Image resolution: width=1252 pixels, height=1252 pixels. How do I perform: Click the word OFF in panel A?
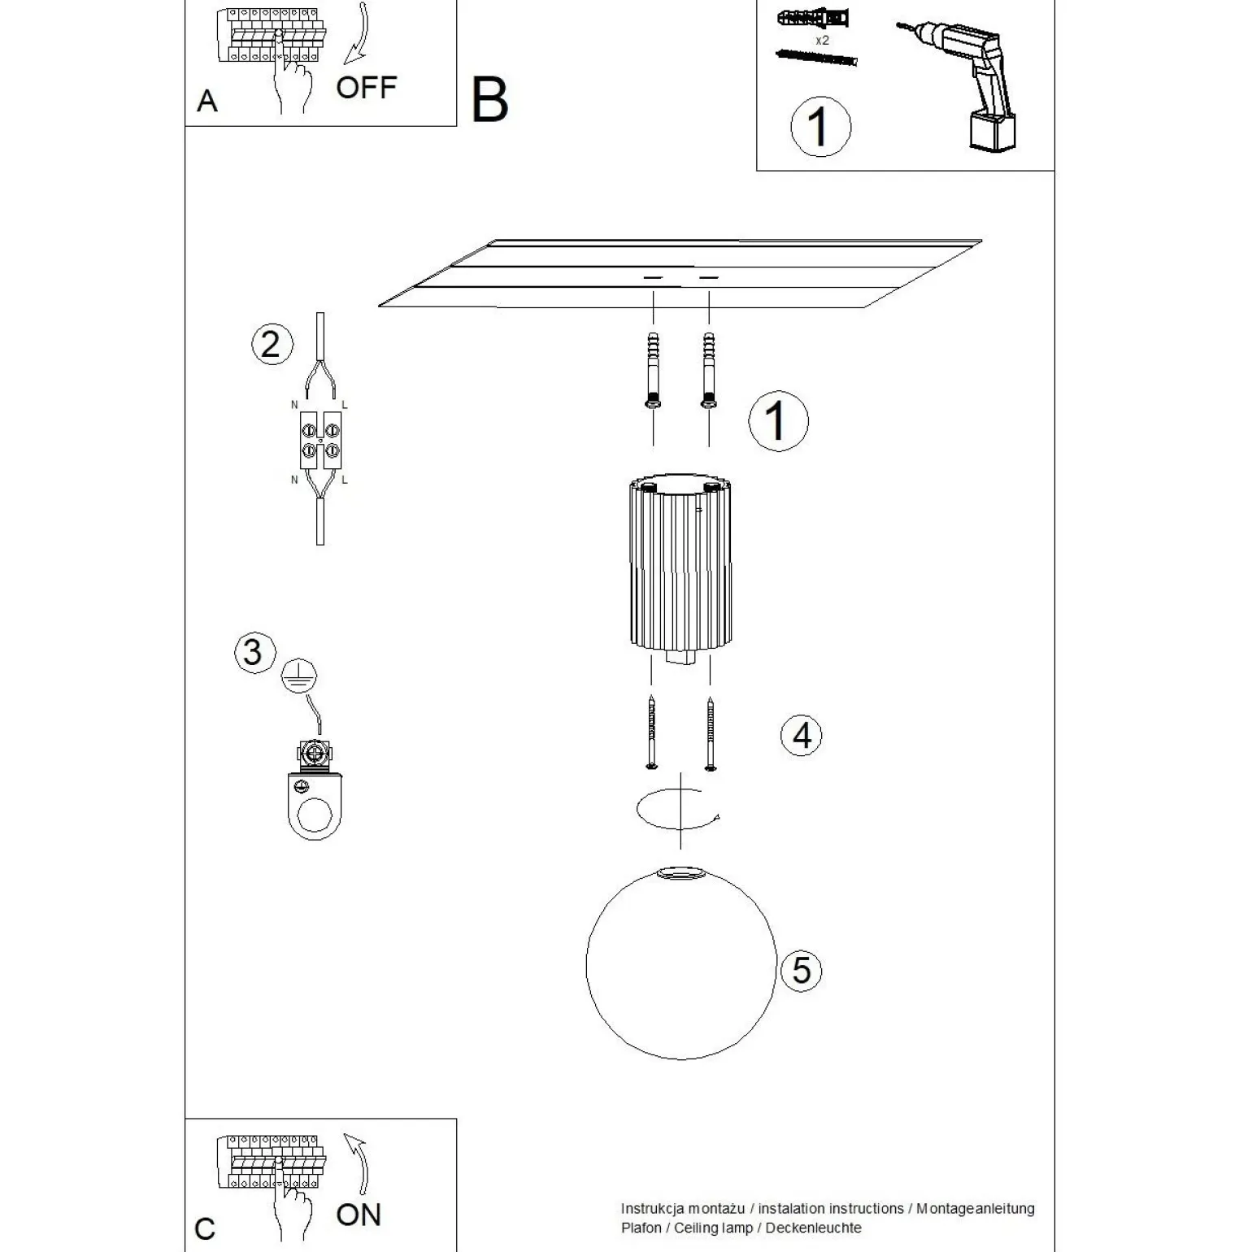tap(366, 87)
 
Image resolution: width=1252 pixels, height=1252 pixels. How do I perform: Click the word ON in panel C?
tap(359, 1215)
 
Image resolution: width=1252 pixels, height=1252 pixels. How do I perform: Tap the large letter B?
tap(489, 101)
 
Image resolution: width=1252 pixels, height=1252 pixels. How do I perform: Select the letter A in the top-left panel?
tap(207, 102)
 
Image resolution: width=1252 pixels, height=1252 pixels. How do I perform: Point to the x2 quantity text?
tap(822, 40)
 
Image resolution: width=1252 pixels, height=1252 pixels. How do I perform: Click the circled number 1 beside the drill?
tap(820, 126)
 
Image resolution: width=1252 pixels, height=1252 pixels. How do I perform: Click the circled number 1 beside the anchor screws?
tap(778, 421)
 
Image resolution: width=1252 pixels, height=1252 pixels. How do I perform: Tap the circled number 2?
tap(271, 344)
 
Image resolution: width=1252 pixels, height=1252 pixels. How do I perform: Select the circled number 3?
tap(253, 652)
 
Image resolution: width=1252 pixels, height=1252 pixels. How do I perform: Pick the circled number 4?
tap(802, 735)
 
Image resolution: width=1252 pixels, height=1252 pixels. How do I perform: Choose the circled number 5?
tap(801, 971)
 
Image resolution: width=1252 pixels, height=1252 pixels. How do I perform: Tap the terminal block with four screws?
tap(320, 440)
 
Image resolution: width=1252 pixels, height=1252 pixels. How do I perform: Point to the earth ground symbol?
tap(299, 676)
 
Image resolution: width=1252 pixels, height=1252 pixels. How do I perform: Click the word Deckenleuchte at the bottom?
tap(813, 1228)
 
